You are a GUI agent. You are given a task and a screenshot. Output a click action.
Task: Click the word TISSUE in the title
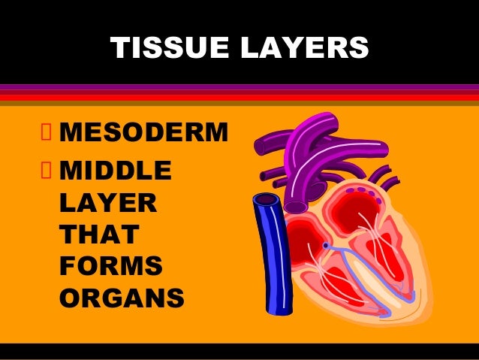[170, 47]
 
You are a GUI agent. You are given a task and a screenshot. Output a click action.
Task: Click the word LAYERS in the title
[305, 47]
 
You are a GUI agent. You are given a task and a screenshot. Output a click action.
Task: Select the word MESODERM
[144, 132]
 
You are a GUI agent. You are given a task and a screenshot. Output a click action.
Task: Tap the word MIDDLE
[116, 170]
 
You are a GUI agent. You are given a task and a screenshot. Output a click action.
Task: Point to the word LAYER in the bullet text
[108, 202]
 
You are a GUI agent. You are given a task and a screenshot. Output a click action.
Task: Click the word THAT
[100, 234]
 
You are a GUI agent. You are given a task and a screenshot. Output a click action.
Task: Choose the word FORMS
[111, 266]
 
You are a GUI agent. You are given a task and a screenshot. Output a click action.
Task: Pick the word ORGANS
[122, 298]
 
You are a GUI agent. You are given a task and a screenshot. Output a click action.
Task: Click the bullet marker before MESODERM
[46, 132]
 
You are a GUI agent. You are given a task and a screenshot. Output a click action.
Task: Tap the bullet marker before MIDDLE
[46, 170]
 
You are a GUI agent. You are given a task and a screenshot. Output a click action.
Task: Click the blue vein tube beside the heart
[273, 254]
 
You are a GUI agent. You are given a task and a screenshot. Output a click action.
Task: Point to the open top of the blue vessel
[267, 200]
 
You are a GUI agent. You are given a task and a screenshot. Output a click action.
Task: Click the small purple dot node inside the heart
[326, 245]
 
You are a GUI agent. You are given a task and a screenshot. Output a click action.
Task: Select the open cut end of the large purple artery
[296, 207]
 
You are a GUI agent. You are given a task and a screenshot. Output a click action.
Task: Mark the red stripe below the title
[239, 98]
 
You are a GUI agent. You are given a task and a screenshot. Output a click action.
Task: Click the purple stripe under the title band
[239, 87]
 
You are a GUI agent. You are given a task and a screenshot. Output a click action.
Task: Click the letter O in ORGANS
[70, 298]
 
